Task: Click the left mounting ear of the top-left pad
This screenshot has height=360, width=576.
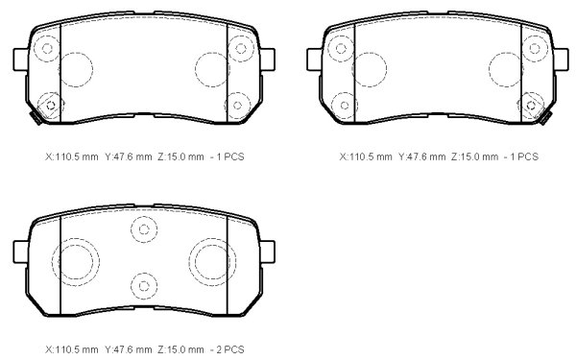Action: click(x=21, y=60)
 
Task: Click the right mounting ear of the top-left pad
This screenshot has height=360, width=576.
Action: click(x=268, y=60)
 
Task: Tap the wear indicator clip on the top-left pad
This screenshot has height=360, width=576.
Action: click(x=36, y=118)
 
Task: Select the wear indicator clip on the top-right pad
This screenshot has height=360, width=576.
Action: click(x=546, y=118)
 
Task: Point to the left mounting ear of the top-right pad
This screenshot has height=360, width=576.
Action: click(x=315, y=60)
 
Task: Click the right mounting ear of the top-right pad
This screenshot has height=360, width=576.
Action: click(x=562, y=60)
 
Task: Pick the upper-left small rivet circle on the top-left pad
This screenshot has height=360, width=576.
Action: click(x=47, y=48)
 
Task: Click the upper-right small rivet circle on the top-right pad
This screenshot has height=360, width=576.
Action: click(x=535, y=48)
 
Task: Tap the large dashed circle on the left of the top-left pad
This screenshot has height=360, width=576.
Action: click(x=76, y=69)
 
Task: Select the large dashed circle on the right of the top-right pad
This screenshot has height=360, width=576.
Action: click(x=506, y=69)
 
